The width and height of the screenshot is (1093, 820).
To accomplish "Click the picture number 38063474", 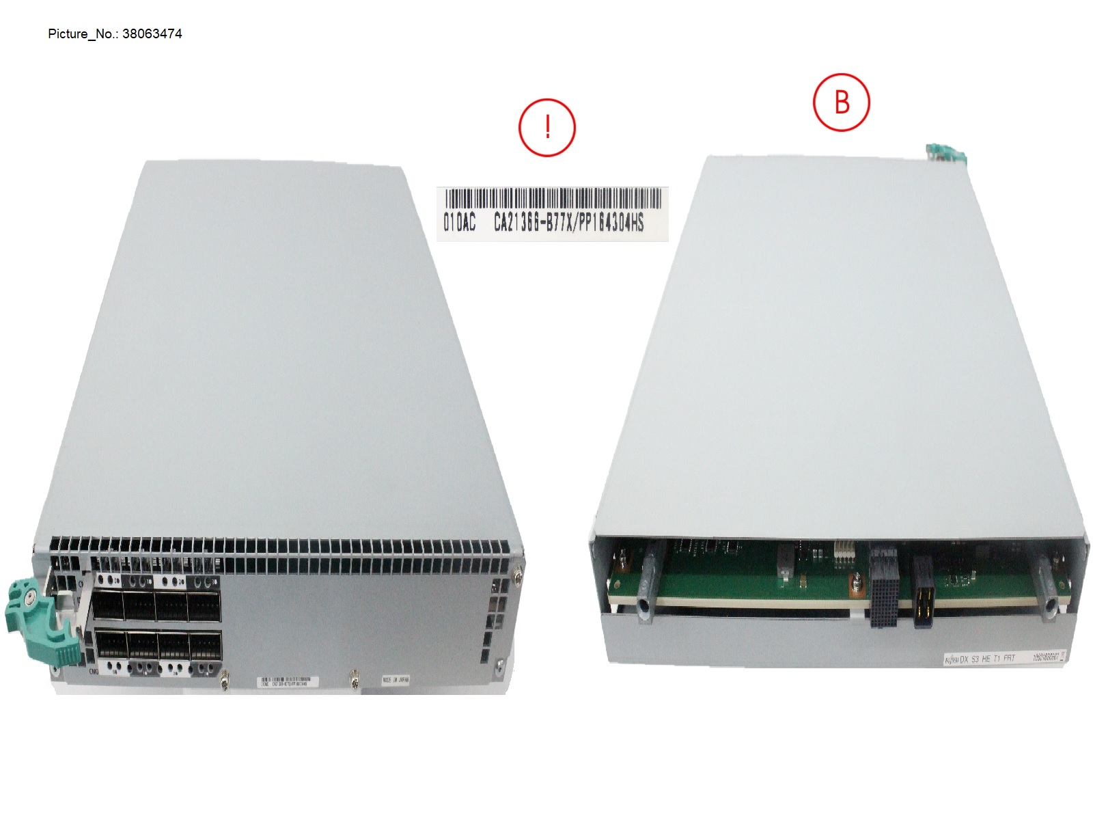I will [x=152, y=33].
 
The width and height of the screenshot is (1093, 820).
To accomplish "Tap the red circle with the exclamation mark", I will [x=547, y=128].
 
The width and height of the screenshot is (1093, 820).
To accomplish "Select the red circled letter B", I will [x=842, y=102].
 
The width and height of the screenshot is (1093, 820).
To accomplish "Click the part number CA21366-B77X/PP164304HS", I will [x=568, y=222].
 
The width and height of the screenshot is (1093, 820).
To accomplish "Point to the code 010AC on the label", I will [x=459, y=223].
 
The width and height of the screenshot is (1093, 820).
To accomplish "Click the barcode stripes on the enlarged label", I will [x=553, y=199].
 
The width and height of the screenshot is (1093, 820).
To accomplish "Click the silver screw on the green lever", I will [x=29, y=598].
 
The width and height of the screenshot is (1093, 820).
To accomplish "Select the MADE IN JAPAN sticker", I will [x=396, y=681].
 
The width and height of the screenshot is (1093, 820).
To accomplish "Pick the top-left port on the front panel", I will [x=107, y=605].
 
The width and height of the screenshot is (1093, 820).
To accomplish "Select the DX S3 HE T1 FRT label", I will [x=981, y=658].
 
